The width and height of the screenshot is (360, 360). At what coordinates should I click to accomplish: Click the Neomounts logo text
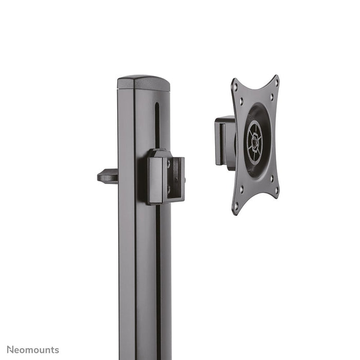pyautogui.click(x=33, y=350)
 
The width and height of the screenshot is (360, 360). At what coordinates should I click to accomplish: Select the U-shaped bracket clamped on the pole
pyautogui.click(x=166, y=177)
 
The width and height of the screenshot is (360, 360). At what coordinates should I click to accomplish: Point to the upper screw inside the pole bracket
pyautogui.click(x=170, y=164)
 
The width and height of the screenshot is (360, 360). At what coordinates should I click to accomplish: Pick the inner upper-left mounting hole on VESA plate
pyautogui.click(x=242, y=102)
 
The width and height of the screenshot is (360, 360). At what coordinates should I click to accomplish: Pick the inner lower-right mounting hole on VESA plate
pyautogui.click(x=271, y=178)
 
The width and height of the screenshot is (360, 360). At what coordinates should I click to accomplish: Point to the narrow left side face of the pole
pyautogui.click(x=127, y=231)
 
